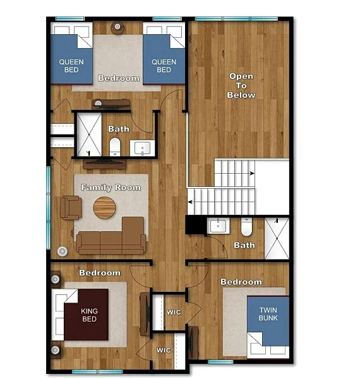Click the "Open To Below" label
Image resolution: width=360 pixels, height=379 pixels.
coord(241,85)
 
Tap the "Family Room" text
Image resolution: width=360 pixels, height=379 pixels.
coord(111,188)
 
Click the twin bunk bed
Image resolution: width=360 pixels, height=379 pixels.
coord(268,327)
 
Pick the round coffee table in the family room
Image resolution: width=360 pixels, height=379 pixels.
coord(104,208)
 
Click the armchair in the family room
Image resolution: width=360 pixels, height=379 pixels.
coord(71,208)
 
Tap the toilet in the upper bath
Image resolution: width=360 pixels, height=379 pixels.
coord(115,147)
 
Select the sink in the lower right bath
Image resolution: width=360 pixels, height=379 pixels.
coord(218,226)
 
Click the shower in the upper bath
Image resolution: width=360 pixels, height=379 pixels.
coord(89,135)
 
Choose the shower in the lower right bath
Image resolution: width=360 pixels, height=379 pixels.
coord(277,239)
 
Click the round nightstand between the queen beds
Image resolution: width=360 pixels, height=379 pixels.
coord(117,28)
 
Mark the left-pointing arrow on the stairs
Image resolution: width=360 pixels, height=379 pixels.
coord(190,202)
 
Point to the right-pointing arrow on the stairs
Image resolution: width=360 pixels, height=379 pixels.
coord(252,173)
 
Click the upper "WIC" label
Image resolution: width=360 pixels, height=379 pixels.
coord(174,312)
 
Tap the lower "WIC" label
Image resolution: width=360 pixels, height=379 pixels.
coord(164,350)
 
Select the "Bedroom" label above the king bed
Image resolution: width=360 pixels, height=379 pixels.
coord(100,273)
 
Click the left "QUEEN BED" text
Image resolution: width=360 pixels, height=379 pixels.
coord(71,66)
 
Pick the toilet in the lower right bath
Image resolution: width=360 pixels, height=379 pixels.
coord(246,227)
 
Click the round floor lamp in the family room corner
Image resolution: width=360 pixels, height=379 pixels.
coord(63,251)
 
